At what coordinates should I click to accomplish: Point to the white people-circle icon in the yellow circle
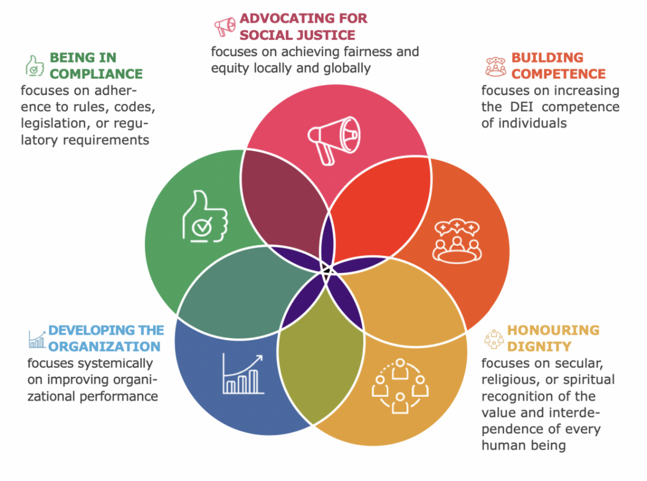[400, 385]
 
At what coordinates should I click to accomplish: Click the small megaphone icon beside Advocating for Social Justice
[224, 26]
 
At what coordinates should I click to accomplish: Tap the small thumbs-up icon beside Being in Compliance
[35, 65]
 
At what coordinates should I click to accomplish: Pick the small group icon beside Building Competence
[495, 65]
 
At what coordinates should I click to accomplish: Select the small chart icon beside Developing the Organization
[37, 338]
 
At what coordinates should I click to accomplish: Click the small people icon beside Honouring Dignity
[493, 338]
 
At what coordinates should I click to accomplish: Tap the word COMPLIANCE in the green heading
[97, 74]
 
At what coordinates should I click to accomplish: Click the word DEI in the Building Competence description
[522, 107]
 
